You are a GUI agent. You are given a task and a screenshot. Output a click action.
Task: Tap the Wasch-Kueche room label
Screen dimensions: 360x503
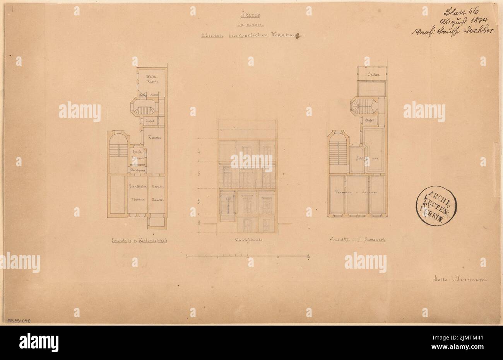[x=152, y=79]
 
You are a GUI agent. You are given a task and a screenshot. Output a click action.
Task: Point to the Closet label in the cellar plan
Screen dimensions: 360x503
[x=150, y=121]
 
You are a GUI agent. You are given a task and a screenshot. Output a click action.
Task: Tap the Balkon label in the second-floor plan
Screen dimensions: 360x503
[x=373, y=74]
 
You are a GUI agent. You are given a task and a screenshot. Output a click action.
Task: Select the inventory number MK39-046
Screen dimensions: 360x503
[x=19, y=321]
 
